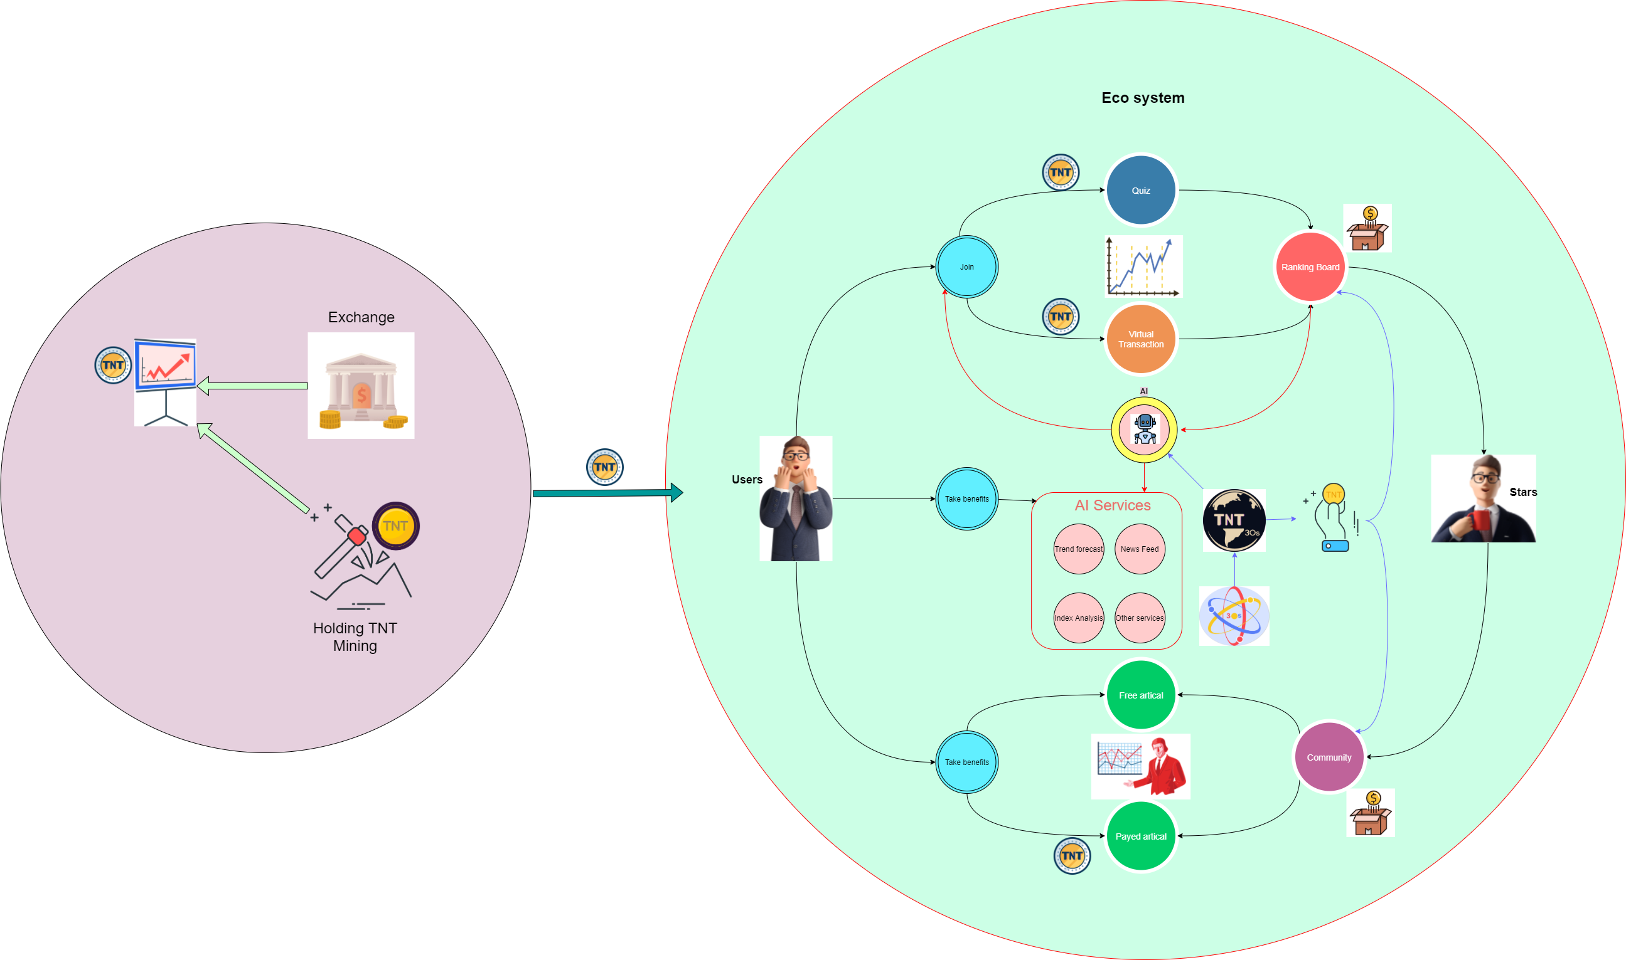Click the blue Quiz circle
click(1140, 190)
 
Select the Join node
click(966, 266)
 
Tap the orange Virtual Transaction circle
click(1140, 339)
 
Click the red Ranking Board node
click(1310, 267)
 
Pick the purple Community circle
click(1329, 757)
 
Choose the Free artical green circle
click(1140, 695)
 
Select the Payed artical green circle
click(1140, 836)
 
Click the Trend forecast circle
click(1078, 549)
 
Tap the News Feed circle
click(1139, 549)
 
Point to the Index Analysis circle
click(1078, 618)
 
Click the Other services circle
click(1139, 618)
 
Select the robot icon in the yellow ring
click(1145, 430)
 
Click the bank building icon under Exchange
click(361, 386)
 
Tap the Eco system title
click(1143, 98)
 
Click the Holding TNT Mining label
click(355, 636)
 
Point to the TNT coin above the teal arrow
click(604, 467)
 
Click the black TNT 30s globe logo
click(1234, 520)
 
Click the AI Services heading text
click(1112, 505)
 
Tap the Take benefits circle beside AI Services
click(966, 498)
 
